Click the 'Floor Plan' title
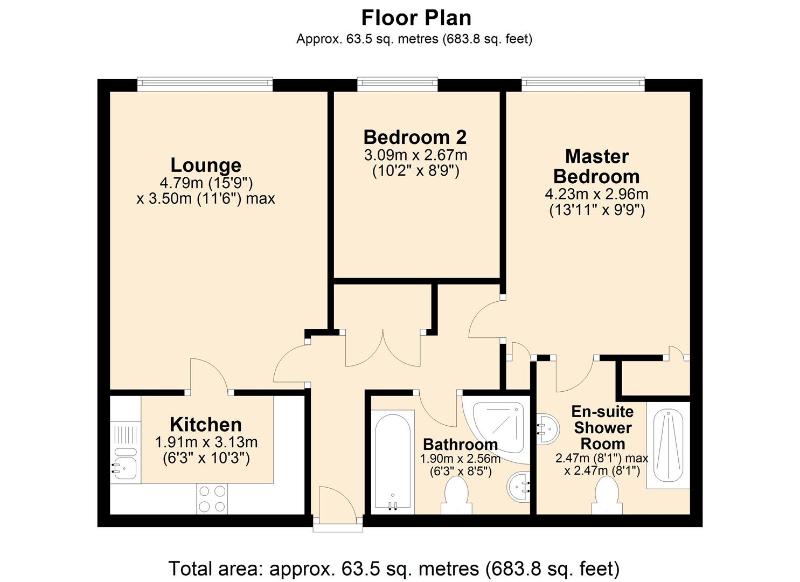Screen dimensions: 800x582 click(416, 18)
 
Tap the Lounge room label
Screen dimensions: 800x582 click(206, 165)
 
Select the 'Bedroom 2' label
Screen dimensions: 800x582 click(415, 137)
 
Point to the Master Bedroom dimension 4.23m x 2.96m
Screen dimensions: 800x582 click(596, 194)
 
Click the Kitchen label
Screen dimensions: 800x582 click(206, 425)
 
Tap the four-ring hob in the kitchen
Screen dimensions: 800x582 click(212, 499)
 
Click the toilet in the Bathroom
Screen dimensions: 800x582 click(456, 496)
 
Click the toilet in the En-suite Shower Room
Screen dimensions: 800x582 click(607, 496)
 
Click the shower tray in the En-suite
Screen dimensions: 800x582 click(668, 446)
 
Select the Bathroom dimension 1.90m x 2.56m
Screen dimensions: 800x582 click(461, 459)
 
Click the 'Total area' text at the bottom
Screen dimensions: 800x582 click(394, 569)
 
